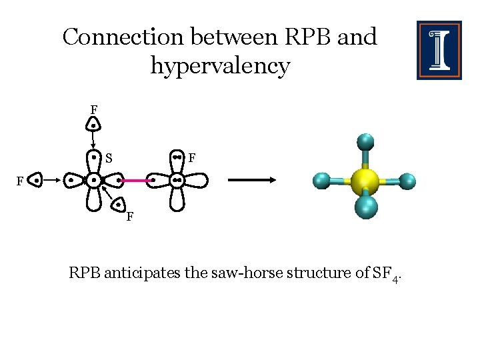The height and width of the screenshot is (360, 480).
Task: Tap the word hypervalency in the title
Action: click(x=220, y=66)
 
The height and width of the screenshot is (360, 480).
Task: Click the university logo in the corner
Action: click(x=439, y=50)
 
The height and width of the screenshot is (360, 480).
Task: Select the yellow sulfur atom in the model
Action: click(x=365, y=181)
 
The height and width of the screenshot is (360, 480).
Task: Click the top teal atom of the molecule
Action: click(x=365, y=142)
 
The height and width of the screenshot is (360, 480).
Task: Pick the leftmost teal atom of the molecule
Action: click(x=321, y=180)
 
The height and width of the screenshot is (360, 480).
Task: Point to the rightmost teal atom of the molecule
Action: click(x=407, y=181)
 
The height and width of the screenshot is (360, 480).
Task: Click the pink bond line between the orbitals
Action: click(x=135, y=180)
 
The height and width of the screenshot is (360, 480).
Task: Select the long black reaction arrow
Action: click(x=253, y=179)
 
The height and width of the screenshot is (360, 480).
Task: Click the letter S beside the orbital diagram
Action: click(x=108, y=159)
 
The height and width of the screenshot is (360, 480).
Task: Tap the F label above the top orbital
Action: click(x=95, y=109)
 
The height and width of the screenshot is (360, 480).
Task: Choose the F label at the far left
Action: click(x=20, y=181)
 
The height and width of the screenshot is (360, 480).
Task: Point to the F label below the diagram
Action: click(x=130, y=217)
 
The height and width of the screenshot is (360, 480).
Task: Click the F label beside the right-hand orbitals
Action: click(x=191, y=159)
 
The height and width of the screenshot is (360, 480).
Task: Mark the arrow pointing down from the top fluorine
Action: click(x=93, y=142)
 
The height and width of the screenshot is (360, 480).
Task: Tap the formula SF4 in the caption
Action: click(x=385, y=274)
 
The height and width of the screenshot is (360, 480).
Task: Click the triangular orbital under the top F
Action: click(x=95, y=124)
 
